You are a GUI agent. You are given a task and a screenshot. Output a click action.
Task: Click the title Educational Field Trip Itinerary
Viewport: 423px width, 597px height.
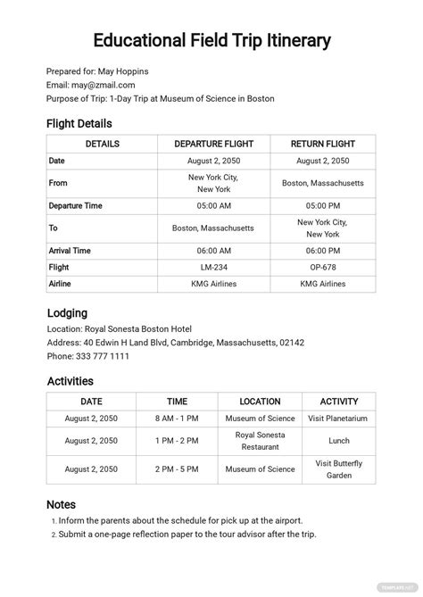(211, 41)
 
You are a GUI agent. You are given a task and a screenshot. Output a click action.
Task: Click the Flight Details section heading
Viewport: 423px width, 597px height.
(79, 123)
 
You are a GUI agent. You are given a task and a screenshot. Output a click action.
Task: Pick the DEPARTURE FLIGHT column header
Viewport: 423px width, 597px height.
(213, 144)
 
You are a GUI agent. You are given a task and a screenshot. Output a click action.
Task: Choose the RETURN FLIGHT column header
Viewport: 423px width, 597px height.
(323, 144)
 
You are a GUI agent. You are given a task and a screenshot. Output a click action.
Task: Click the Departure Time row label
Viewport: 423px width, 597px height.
(76, 205)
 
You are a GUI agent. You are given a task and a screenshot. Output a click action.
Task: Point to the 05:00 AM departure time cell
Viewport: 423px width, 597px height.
(213, 205)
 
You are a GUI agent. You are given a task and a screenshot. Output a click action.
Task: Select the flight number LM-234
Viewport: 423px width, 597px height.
(213, 267)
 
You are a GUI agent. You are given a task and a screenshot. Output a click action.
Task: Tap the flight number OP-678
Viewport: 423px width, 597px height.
(323, 267)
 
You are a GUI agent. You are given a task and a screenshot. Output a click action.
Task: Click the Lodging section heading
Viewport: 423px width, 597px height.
(67, 313)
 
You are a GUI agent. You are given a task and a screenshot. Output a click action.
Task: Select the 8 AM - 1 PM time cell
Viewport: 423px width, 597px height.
(177, 418)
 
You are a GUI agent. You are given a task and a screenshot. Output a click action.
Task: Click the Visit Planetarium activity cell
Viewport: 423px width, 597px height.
(339, 418)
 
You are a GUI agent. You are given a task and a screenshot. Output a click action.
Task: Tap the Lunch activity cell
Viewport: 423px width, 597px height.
(339, 441)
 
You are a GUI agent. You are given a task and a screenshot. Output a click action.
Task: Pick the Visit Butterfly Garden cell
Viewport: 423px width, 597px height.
(339, 469)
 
